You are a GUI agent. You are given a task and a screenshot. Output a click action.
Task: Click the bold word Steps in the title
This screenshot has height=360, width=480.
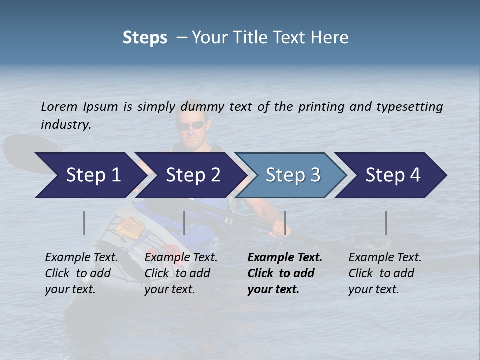(x=145, y=37)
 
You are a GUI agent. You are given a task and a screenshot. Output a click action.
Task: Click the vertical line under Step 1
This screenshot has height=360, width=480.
(x=84, y=223)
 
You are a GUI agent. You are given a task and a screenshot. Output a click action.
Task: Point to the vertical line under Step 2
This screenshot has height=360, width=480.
(x=184, y=223)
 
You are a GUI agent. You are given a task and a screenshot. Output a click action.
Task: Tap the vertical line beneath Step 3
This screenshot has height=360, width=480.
(x=285, y=223)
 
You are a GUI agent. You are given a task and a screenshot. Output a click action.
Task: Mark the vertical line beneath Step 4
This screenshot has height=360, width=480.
(x=386, y=223)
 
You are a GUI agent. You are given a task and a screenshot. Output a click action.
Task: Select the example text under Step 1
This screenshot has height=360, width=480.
(x=81, y=273)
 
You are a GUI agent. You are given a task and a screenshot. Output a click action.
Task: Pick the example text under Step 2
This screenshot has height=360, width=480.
(x=181, y=273)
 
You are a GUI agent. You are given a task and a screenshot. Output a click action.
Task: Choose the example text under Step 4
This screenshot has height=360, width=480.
(x=385, y=273)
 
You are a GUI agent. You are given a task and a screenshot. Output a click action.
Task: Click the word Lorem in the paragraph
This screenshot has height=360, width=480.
(x=59, y=106)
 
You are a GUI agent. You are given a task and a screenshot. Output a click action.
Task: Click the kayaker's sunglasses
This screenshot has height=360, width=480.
(x=191, y=125)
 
